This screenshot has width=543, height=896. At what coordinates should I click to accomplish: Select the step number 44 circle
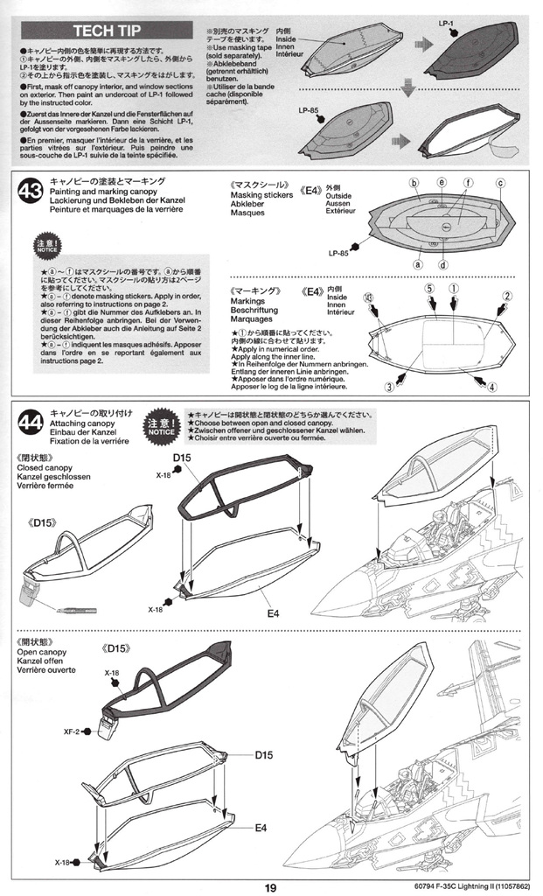(x=29, y=423)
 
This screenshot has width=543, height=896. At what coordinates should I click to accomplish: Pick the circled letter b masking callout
(x=414, y=183)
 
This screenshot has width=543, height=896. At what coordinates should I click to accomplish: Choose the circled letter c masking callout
(x=501, y=183)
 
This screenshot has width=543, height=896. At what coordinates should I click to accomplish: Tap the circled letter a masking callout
(x=419, y=264)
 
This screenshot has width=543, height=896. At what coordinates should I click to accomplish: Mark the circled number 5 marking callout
(x=430, y=287)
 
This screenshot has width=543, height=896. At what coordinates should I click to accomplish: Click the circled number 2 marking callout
(x=506, y=296)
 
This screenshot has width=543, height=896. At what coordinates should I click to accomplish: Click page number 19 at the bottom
(x=271, y=885)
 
